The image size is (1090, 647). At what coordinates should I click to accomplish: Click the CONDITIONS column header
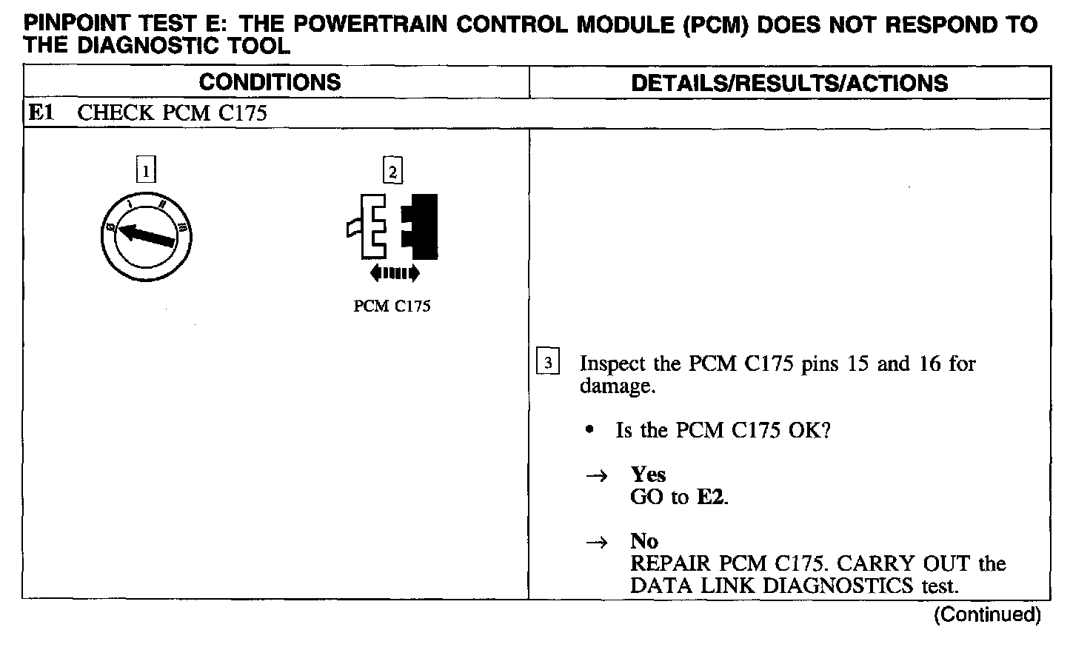[270, 82]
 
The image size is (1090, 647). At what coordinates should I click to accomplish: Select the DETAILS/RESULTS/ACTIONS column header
[789, 83]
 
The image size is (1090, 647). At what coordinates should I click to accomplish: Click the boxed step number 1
[147, 172]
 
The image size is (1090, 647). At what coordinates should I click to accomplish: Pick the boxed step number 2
[392, 172]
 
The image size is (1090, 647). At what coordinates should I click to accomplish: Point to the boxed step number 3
[547, 363]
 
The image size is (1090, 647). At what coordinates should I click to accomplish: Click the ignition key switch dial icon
[150, 238]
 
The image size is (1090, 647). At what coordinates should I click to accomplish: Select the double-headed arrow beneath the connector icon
[394, 274]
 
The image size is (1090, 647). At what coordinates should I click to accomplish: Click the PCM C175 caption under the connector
[392, 306]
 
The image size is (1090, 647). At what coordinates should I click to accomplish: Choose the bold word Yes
[648, 475]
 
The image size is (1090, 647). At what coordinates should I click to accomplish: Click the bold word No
[644, 541]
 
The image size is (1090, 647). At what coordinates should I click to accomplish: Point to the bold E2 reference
[712, 497]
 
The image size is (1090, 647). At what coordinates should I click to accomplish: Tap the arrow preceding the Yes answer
[597, 476]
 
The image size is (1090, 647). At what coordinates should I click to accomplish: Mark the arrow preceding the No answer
[597, 543]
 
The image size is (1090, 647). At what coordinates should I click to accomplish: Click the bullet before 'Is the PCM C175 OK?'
[589, 430]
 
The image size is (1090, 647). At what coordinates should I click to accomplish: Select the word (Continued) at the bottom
[987, 614]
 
